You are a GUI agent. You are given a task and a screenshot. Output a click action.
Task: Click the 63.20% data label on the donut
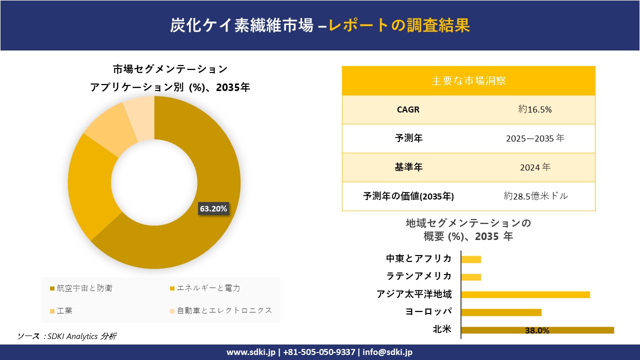[x=213, y=209]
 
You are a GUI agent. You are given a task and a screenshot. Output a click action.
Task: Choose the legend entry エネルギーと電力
[x=205, y=288]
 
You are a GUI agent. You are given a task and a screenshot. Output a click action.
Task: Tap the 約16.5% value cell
[x=535, y=109]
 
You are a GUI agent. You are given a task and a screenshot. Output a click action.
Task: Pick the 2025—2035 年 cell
[x=535, y=138]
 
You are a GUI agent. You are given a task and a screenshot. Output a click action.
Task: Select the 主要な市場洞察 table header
[x=468, y=80]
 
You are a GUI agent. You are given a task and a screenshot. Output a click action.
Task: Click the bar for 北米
[x=537, y=330]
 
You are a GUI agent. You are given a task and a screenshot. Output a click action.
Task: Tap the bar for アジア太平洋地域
[x=525, y=294]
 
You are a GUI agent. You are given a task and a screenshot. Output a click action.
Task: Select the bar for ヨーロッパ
[x=501, y=312]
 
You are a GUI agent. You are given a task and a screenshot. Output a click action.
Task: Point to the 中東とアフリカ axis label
[x=418, y=258]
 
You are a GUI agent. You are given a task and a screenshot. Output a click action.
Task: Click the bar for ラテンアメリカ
[x=471, y=277]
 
